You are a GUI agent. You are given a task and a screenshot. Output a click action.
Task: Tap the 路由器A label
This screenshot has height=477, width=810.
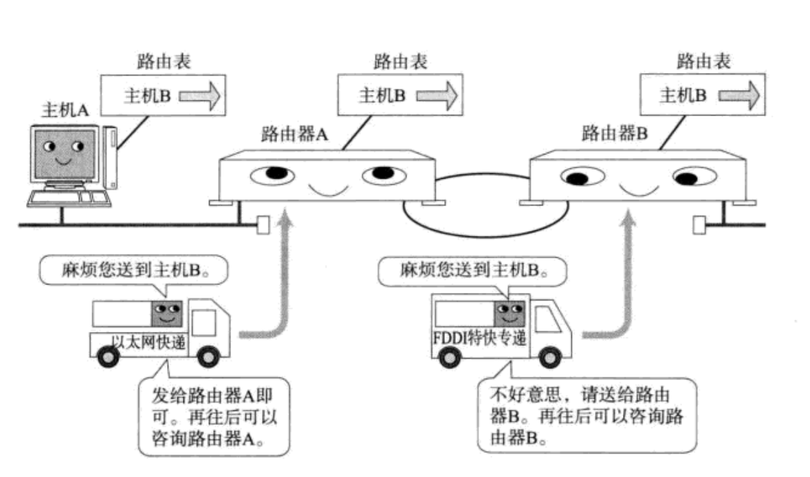294,133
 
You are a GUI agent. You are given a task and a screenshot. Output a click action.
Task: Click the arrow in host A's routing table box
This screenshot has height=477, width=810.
200,96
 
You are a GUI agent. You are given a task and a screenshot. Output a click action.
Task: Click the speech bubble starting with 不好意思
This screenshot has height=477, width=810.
584,417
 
